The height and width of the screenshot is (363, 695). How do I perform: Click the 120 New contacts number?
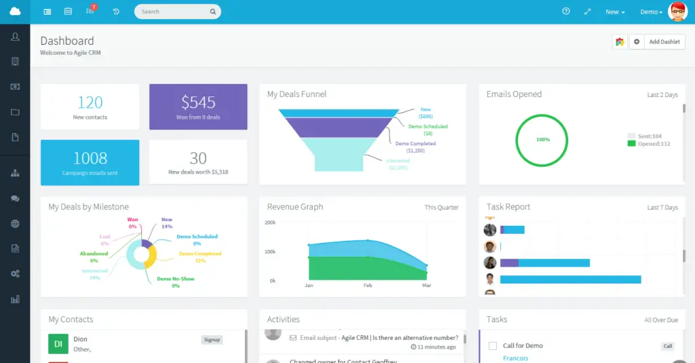tap(90, 102)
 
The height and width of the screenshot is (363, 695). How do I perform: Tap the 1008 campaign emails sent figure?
tap(90, 158)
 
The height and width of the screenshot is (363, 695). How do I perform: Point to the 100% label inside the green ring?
tap(543, 139)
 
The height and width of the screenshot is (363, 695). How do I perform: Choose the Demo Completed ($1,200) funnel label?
tap(415, 147)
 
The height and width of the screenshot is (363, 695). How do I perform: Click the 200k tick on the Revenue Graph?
tap(269, 223)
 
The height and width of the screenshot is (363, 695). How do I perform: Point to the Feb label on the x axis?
tap(368, 286)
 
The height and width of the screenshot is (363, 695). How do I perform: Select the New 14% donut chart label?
tap(166, 223)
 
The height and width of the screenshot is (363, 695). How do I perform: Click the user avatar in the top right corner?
tap(677, 12)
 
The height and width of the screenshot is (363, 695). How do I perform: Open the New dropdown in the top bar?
tap(615, 12)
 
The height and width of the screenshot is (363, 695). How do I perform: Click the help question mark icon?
tap(566, 12)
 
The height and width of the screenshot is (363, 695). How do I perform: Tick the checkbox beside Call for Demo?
tap(493, 346)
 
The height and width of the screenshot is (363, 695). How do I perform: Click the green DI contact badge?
tap(58, 344)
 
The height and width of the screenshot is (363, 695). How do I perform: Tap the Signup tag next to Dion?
tap(212, 340)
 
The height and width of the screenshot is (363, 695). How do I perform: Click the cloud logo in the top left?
tap(15, 12)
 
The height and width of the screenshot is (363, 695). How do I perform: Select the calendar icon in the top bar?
tap(68, 12)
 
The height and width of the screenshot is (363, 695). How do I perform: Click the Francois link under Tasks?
tap(515, 358)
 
